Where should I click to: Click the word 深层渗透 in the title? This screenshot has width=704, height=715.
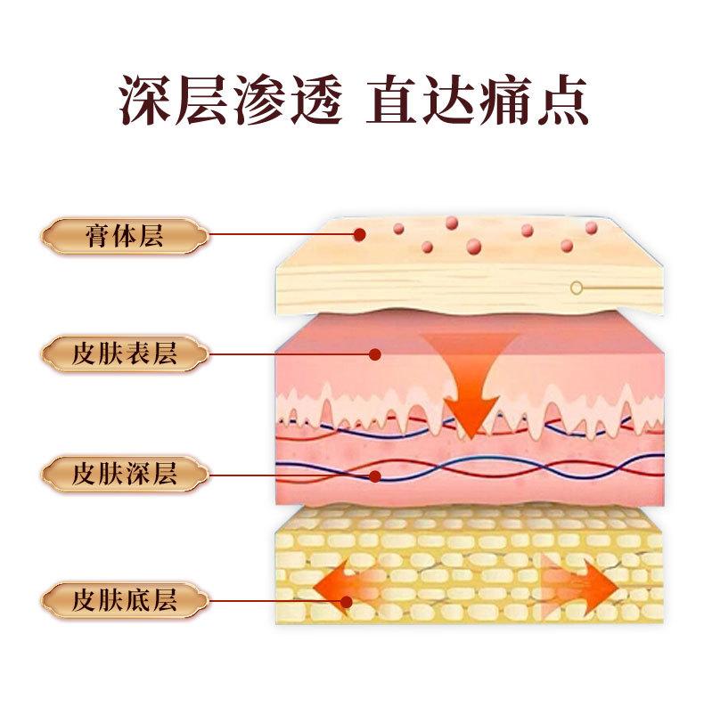coord(229,102)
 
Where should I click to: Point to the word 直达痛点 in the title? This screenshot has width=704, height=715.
coord(477,102)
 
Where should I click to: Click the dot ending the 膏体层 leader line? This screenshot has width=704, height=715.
coord(359,235)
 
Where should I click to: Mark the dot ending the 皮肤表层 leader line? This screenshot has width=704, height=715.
coord(375,354)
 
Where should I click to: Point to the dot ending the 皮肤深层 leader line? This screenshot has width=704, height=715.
coord(377,475)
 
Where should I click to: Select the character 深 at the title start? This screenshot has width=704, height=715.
coord(146,102)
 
